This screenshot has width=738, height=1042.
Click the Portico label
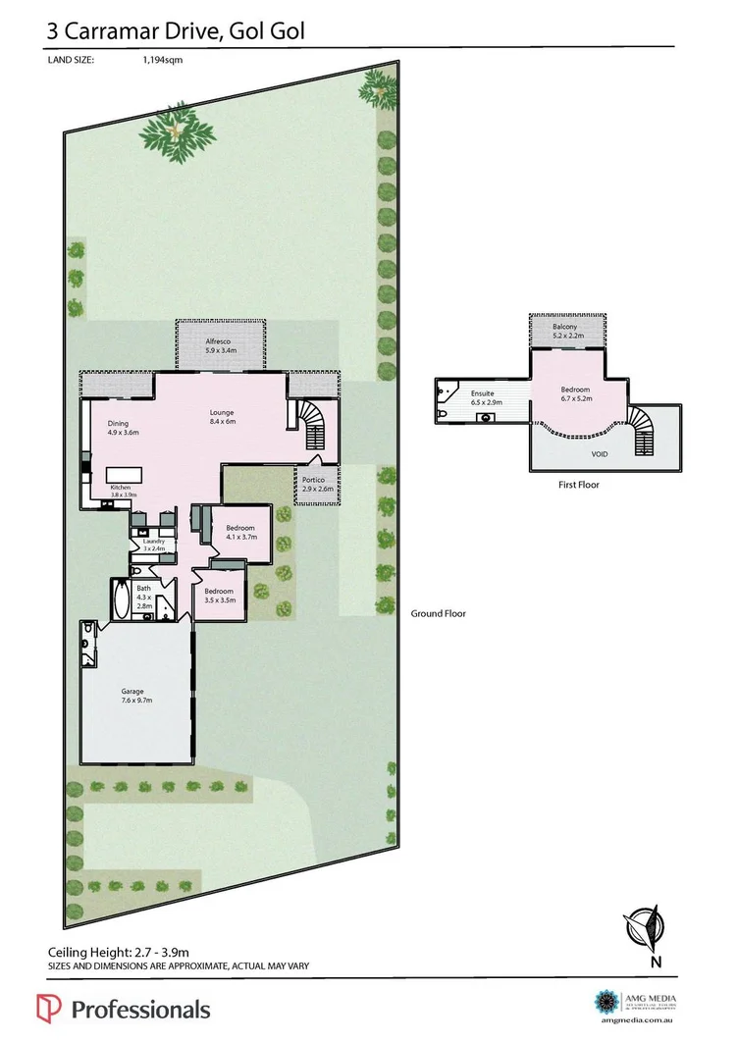tap(314, 483)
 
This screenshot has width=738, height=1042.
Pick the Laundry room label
tap(153, 545)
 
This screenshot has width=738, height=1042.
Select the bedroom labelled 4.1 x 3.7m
tap(240, 532)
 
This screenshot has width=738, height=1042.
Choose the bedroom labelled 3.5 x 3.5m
tap(219, 595)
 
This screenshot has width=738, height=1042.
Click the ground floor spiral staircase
tap(316, 424)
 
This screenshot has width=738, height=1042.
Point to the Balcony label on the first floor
tap(564, 331)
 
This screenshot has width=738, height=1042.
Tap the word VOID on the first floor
tap(600, 456)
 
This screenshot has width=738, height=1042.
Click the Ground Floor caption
tap(438, 613)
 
